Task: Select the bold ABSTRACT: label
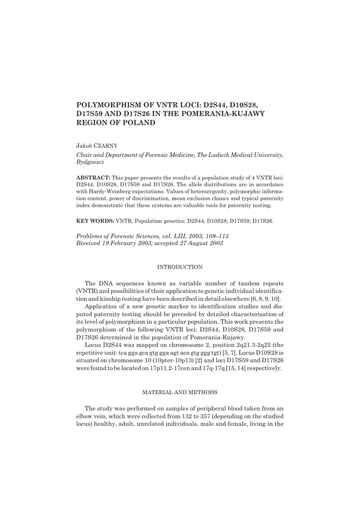tap(93, 177)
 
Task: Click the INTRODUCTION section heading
tap(180, 267)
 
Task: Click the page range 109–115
tap(215, 236)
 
